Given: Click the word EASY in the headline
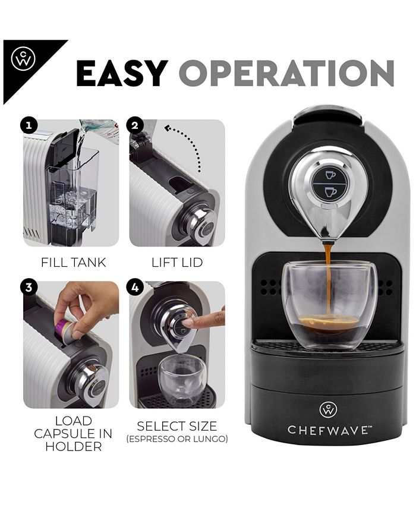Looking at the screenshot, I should point(121,73).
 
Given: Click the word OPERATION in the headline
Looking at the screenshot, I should point(286,73).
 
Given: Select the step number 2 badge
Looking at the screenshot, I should point(135,126).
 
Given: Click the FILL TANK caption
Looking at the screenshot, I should point(73,262).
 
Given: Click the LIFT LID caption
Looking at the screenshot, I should point(177,262).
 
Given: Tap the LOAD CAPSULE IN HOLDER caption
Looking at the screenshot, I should point(73,433).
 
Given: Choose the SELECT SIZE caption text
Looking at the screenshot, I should point(177,425).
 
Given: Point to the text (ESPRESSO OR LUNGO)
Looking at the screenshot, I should point(177,439).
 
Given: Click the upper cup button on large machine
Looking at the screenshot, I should point(330,175).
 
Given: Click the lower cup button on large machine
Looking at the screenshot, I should point(330,193).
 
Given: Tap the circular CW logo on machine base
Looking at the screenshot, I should point(328,409).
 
